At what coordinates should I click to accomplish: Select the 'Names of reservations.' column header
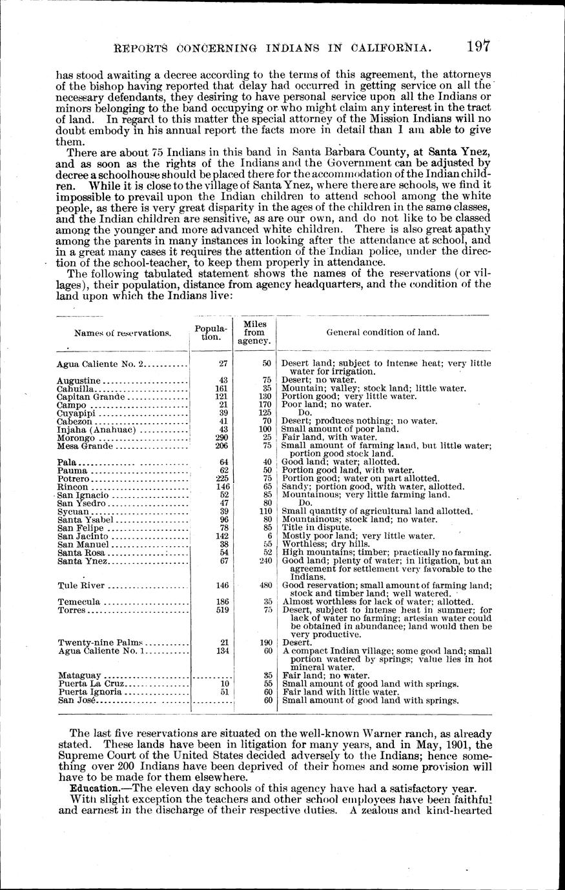pos(123,333)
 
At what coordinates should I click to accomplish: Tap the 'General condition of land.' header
pos(383,332)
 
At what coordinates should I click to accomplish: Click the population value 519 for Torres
pos(222,610)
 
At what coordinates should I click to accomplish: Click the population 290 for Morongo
pos(222,437)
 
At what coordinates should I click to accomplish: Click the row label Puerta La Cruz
pos(94,684)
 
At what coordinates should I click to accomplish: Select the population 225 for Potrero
pos(222,479)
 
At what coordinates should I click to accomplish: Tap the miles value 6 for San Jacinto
pos(267,536)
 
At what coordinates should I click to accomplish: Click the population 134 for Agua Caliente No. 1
pos(222,651)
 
